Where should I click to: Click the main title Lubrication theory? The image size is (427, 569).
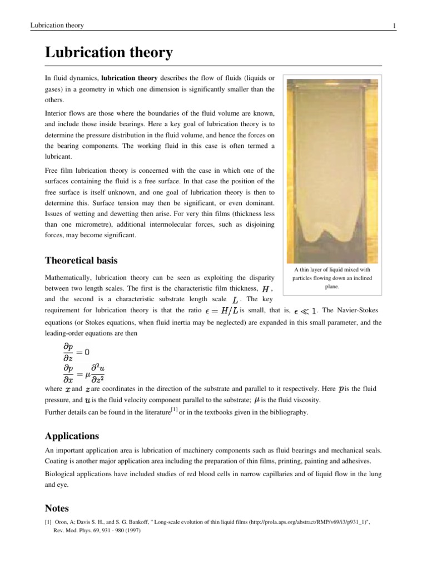[108, 53]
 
